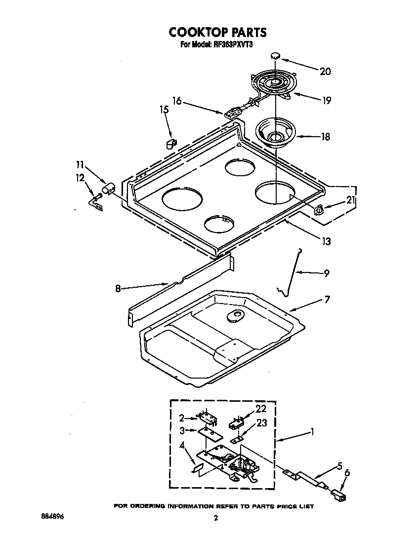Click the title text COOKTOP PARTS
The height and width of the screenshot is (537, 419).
(217, 33)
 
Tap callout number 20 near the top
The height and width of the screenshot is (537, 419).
(325, 71)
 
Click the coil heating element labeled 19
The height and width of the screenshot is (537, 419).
(273, 83)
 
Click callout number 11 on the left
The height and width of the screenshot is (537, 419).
(81, 165)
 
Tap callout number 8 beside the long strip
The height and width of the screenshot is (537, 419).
(118, 288)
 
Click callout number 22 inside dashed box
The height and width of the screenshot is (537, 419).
(261, 408)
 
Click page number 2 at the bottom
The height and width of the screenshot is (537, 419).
(215, 518)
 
